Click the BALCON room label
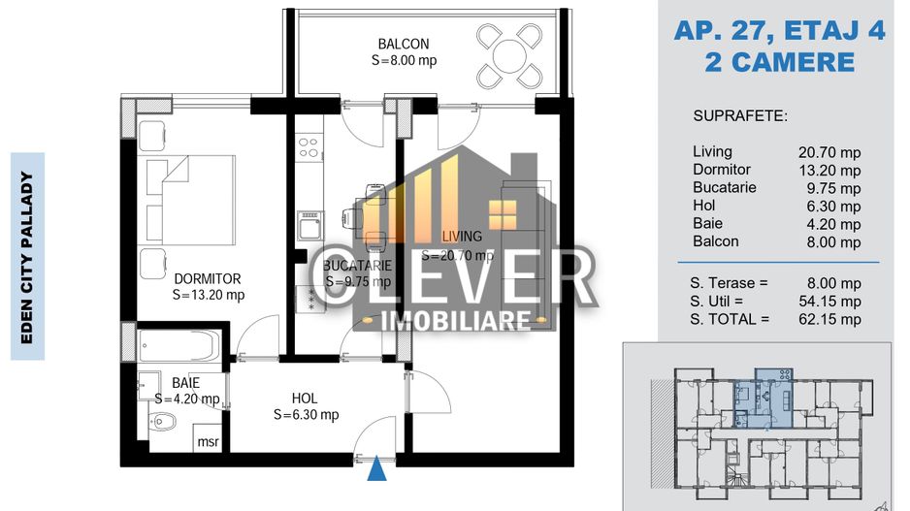coord(404,44)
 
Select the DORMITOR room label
coord(208,279)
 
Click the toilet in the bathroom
coord(165,422)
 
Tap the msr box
coord(208,442)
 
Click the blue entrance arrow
coord(376,470)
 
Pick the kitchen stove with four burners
coord(309,148)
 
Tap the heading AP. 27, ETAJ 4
coord(779,31)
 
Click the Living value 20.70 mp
coord(829,152)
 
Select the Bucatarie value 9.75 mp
coord(832,188)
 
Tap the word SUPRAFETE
coord(740,116)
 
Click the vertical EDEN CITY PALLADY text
coord(27,256)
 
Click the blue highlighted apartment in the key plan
coord(762,398)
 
